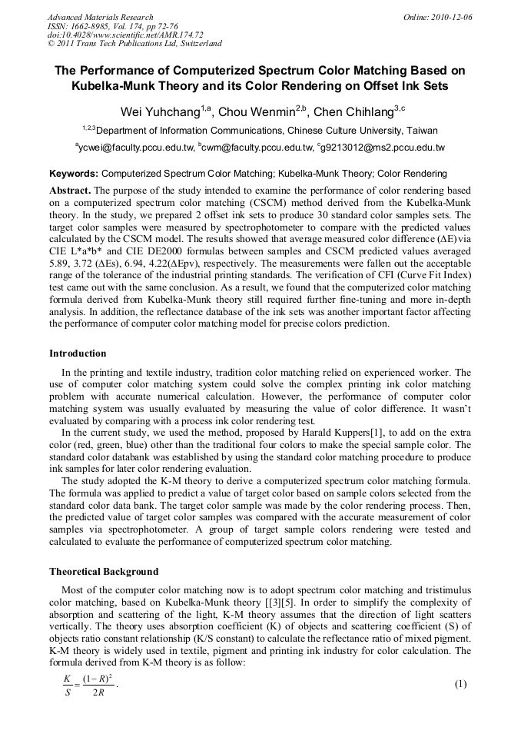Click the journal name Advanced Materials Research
point(100,17)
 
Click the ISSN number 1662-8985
point(96,26)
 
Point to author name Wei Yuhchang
point(160,112)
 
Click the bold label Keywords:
point(74,174)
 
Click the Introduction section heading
point(78,354)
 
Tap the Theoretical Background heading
point(104,572)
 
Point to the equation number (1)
point(460,684)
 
